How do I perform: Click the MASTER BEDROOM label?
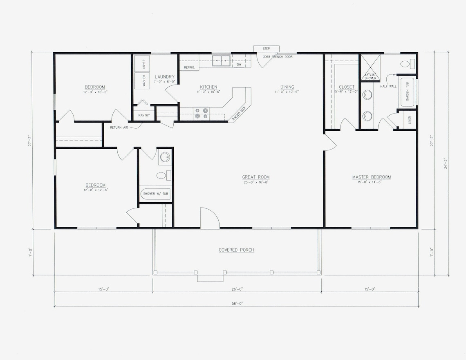pos(371,177)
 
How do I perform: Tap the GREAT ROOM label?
pos(255,177)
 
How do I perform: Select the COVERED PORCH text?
pos(236,250)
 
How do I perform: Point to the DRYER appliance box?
pos(142,64)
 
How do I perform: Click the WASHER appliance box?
pos(142,80)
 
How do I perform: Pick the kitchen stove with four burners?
pos(201,113)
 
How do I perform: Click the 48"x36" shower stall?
pos(370,67)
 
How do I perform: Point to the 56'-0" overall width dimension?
pos(236,303)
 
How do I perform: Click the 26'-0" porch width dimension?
pos(237,289)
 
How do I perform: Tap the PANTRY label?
pos(144,116)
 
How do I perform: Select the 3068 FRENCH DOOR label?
pos(278,57)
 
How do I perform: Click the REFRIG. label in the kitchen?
pos(189,67)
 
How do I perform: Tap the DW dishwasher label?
pos(239,65)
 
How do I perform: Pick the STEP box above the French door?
pos(266,49)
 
